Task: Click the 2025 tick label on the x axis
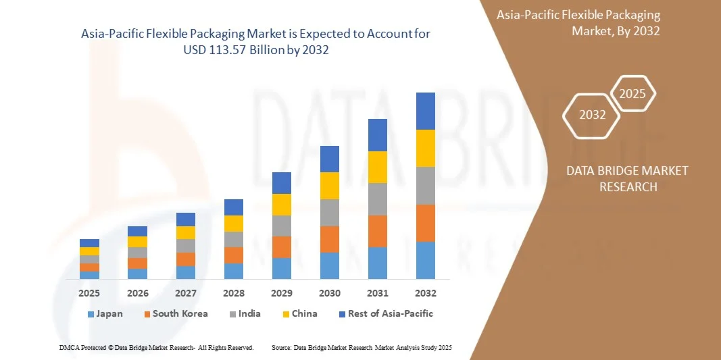(89, 293)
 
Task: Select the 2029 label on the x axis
(282, 293)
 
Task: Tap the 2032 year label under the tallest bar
(426, 293)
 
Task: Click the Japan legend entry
(105, 313)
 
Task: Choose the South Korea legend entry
(175, 313)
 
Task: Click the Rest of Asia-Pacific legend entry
(385, 313)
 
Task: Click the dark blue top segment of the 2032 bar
(426, 111)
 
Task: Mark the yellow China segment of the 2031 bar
(378, 167)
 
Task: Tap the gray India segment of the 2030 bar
(330, 212)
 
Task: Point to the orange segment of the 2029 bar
(282, 247)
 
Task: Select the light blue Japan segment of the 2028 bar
(234, 271)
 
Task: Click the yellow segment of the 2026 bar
(137, 242)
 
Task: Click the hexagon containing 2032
(592, 115)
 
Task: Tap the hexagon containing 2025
(632, 94)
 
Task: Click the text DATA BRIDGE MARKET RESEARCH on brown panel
(628, 178)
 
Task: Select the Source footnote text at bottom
(361, 347)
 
